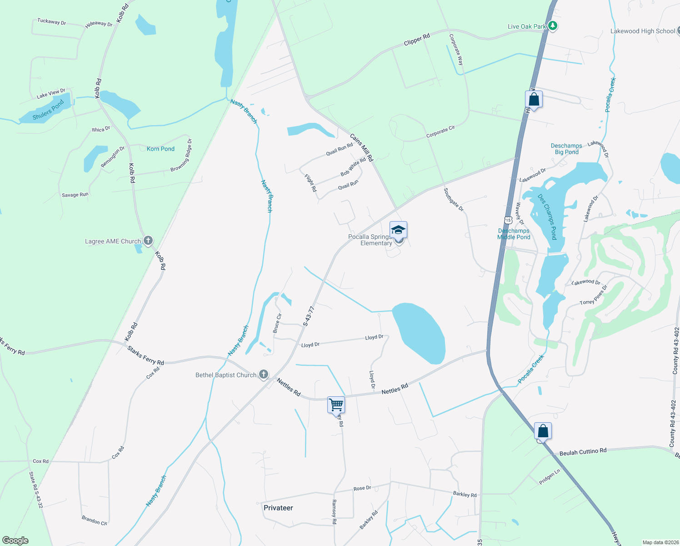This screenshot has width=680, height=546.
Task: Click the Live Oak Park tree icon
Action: pos(553,26)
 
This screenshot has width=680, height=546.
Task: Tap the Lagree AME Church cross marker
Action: pos(148,241)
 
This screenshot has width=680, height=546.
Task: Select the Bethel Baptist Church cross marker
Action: pos(264,374)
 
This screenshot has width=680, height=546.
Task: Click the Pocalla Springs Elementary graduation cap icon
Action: pos(398,230)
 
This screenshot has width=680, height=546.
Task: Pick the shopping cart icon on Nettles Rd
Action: pos(336,404)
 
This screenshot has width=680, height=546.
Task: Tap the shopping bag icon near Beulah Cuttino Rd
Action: pos(543,430)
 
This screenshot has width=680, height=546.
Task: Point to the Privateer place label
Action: pos(278,508)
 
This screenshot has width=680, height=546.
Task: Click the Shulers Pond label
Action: pos(48,111)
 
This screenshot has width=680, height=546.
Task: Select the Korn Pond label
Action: pos(160,149)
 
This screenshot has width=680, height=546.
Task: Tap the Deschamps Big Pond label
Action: pos(566,149)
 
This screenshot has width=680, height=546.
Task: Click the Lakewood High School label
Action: pos(642,31)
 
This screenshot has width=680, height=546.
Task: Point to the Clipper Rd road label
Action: pos(417,40)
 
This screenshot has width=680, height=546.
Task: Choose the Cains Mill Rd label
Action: pos(361,147)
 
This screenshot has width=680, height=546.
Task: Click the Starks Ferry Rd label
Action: pos(145,355)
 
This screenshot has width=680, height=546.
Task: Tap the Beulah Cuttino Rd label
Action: pos(583,452)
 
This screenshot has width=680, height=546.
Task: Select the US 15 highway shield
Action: pos(508,220)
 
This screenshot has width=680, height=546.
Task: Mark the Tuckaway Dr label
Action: pos(51,21)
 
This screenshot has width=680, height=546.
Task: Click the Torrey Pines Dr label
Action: pos(593,295)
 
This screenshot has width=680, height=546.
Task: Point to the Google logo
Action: pos(15,541)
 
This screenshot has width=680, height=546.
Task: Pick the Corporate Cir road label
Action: pos(440,132)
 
